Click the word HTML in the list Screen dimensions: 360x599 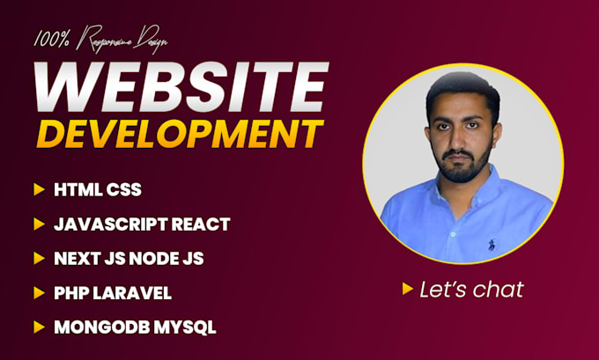[74, 189]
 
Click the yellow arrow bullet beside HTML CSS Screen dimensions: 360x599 [39, 189]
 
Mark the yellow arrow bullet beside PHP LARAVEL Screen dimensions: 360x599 [39, 292]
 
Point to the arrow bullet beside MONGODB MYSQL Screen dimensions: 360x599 [39, 327]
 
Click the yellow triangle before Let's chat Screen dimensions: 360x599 [408, 288]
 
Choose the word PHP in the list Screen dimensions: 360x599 [71, 292]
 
